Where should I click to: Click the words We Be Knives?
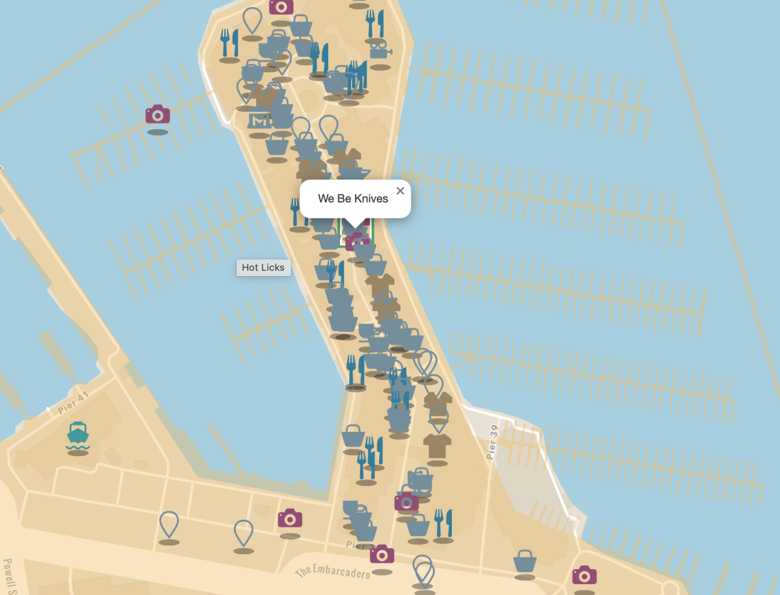(353, 199)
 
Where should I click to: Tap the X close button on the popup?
(400, 190)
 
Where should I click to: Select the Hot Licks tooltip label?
(263, 268)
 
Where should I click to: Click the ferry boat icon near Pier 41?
(77, 435)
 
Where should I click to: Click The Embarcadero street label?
(333, 572)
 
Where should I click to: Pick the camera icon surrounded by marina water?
(157, 115)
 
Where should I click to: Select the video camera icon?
(379, 49)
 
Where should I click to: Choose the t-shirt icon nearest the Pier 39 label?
(437, 446)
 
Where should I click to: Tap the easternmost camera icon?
(584, 575)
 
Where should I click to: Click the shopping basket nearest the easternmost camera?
(525, 561)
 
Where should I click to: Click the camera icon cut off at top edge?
(281, 7)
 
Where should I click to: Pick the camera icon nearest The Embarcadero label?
(382, 554)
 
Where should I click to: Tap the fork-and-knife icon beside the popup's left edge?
(296, 212)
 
